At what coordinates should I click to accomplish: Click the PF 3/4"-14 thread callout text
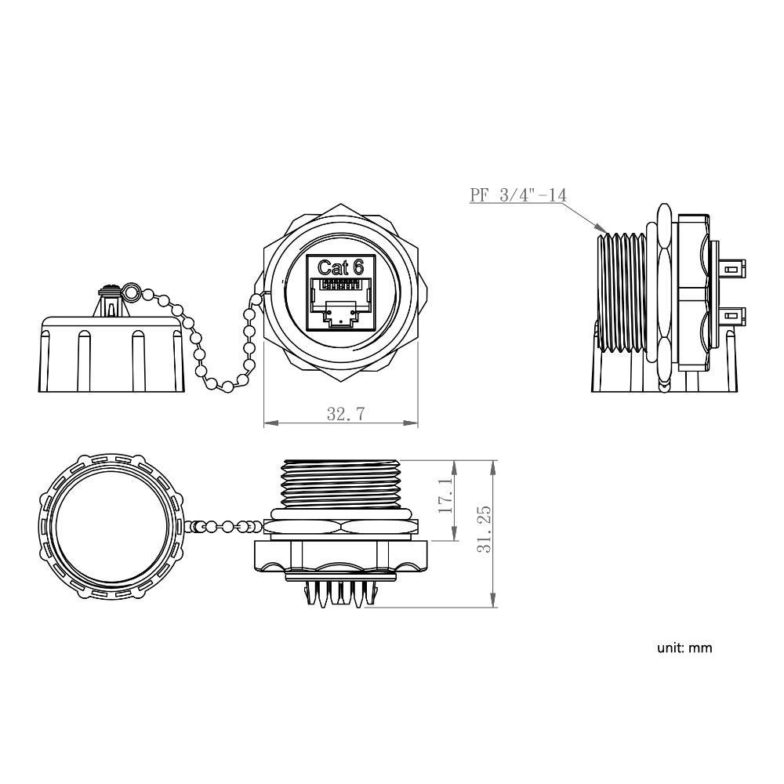coord(518,194)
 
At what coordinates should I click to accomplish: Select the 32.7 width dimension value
coord(345,414)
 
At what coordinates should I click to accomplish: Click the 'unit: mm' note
coord(684,648)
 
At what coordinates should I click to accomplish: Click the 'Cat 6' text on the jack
coord(340,267)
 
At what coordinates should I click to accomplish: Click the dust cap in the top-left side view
coord(111,353)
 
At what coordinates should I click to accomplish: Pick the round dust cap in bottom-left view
coord(110,527)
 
